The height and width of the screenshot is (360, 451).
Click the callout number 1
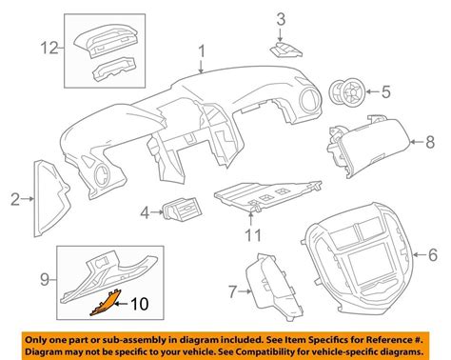(x=202, y=51)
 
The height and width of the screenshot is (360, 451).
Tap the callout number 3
(x=281, y=19)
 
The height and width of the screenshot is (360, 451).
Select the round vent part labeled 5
(x=347, y=92)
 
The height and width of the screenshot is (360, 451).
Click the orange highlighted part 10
(x=105, y=303)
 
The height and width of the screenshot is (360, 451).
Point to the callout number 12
(x=49, y=49)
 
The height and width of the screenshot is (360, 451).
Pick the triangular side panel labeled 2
(x=50, y=199)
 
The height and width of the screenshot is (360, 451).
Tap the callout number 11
(x=253, y=235)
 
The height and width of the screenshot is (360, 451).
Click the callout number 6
(x=433, y=254)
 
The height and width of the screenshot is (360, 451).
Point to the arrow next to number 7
(x=245, y=290)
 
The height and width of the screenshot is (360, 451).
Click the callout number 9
(x=45, y=279)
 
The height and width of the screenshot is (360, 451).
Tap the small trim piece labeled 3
(x=286, y=50)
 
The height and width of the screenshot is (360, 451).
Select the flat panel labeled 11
(x=267, y=196)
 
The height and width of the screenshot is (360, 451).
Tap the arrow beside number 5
(x=372, y=92)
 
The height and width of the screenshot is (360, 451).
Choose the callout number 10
(x=140, y=304)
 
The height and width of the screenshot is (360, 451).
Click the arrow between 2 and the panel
(x=28, y=199)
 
